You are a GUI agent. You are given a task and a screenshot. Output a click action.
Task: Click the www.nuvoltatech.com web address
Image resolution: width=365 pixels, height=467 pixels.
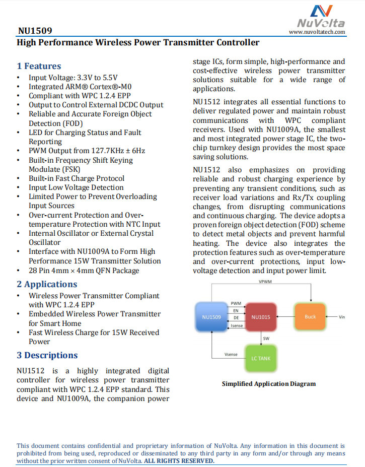[317, 32]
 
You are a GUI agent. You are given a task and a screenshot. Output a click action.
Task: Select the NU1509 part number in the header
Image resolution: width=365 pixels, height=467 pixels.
[35, 31]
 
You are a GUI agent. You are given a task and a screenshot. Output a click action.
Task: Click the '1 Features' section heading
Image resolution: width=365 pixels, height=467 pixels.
[39, 66]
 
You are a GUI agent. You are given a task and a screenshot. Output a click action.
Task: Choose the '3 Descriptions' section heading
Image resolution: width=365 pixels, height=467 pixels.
[47, 355]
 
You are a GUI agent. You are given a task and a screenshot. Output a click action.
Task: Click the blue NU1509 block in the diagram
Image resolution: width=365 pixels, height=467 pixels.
[211, 317]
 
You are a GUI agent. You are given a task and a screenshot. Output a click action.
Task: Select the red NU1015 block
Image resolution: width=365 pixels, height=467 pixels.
[260, 317]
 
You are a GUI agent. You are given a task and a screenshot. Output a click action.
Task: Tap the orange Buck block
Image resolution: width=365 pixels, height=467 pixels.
[310, 317]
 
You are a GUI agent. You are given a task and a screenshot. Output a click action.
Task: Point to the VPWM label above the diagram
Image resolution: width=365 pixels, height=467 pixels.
[265, 282]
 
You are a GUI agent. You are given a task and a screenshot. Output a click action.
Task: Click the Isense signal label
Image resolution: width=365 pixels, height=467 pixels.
[236, 326]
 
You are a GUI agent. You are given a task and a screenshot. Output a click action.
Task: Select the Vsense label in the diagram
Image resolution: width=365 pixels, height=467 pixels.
[231, 355]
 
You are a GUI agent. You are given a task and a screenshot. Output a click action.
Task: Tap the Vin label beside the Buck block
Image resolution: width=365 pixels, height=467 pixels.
[342, 317]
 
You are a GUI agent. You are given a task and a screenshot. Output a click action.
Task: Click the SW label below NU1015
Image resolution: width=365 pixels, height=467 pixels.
[266, 338]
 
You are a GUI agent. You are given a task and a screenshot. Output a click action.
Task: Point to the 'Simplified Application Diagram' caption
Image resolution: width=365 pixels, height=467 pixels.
[269, 384]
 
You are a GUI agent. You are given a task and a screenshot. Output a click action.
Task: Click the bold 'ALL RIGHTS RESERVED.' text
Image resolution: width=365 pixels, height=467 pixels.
[179, 461]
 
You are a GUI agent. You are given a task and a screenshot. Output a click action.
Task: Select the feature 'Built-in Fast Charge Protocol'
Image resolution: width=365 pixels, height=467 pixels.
[77, 178]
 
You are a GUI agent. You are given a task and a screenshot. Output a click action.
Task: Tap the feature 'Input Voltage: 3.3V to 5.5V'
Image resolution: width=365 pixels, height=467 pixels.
[73, 78]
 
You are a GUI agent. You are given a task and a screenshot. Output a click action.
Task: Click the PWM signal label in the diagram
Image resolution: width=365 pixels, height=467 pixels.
[236, 303]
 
